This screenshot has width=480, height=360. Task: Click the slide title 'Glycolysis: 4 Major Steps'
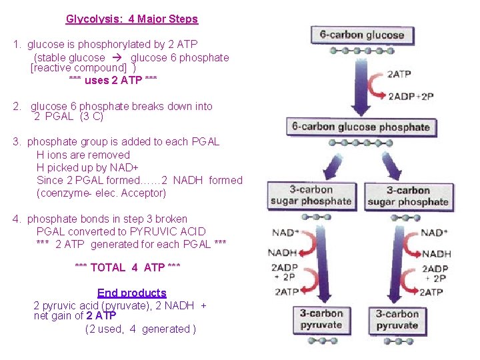tap(132, 19)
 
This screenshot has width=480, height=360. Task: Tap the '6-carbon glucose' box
tap(362, 35)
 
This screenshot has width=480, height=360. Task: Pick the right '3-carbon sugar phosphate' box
tap(408, 196)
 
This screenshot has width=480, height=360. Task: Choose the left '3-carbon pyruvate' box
tap(321, 319)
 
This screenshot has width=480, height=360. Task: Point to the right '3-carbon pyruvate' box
tap(397, 320)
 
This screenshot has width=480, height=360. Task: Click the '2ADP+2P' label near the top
tap(411, 96)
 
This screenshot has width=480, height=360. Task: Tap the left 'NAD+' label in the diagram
tap(285, 233)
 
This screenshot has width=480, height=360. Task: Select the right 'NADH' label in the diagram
tap(436, 253)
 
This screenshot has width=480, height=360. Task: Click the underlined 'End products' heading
tap(131, 293)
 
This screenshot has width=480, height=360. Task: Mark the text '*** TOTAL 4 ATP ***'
tap(128, 267)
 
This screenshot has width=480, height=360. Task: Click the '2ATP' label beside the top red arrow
tap(399, 75)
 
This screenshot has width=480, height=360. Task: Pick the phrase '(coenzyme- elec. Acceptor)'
tap(101, 193)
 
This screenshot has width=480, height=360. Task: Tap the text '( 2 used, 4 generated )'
tap(141, 329)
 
